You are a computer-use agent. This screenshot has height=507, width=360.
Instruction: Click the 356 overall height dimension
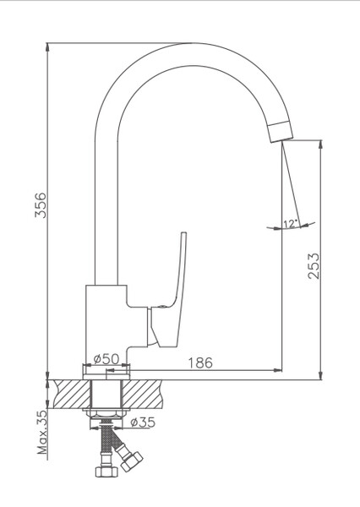pyautogui.click(x=41, y=205)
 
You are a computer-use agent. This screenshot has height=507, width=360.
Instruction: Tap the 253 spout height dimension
pyautogui.click(x=314, y=266)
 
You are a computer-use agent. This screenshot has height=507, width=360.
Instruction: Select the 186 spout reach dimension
pyautogui.click(x=200, y=363)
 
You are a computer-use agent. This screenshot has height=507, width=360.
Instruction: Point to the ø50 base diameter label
pyautogui.click(x=106, y=358)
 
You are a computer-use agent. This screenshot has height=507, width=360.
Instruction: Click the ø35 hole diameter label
pyautogui.click(x=143, y=422)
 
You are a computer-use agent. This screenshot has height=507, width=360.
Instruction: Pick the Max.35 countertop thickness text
pyautogui.click(x=42, y=433)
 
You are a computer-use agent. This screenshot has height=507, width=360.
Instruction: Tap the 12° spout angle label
pyautogui.click(x=290, y=224)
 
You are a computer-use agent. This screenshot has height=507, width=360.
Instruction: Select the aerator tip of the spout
pyautogui.click(x=281, y=131)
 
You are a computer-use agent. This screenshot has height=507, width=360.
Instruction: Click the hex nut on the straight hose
pyautogui.click(x=106, y=472)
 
